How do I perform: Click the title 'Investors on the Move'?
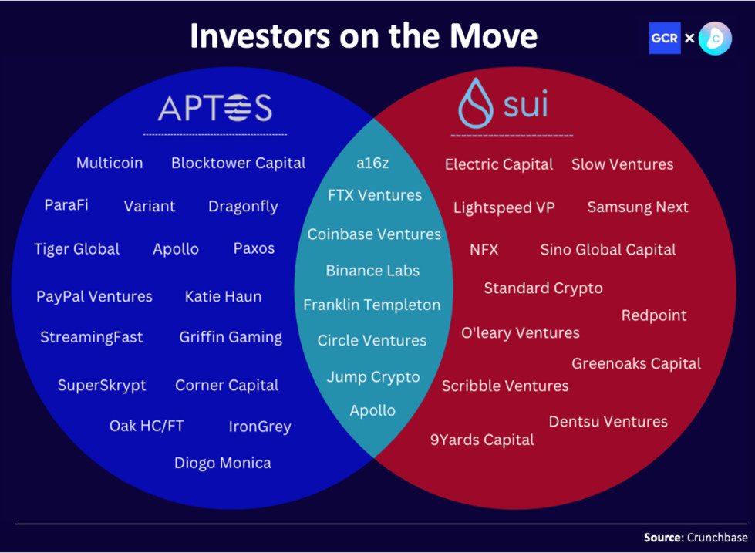pyautogui.click(x=363, y=37)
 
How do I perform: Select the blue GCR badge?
pyautogui.click(x=664, y=38)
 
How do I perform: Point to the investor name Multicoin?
pyautogui.click(x=109, y=163)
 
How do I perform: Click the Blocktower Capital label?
pyautogui.click(x=238, y=163)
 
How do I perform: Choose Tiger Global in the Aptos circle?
pyautogui.click(x=76, y=249)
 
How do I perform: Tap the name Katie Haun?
pyautogui.click(x=223, y=296)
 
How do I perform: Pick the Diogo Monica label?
pyautogui.click(x=222, y=463)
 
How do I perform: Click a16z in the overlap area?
pyautogui.click(x=372, y=164)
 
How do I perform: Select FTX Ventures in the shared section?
pyautogui.click(x=375, y=195)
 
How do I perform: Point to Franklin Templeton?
pyautogui.click(x=372, y=305)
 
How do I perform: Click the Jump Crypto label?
pyautogui.click(x=373, y=377)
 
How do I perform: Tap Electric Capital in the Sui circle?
pyautogui.click(x=499, y=164)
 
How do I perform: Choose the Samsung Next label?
pyautogui.click(x=638, y=207)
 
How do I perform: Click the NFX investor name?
pyautogui.click(x=484, y=250)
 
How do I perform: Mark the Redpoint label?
pyautogui.click(x=653, y=315)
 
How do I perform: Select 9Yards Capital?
pyautogui.click(x=482, y=440)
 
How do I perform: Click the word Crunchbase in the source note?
pyautogui.click(x=717, y=538)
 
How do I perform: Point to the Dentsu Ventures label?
pyautogui.click(x=608, y=421)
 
